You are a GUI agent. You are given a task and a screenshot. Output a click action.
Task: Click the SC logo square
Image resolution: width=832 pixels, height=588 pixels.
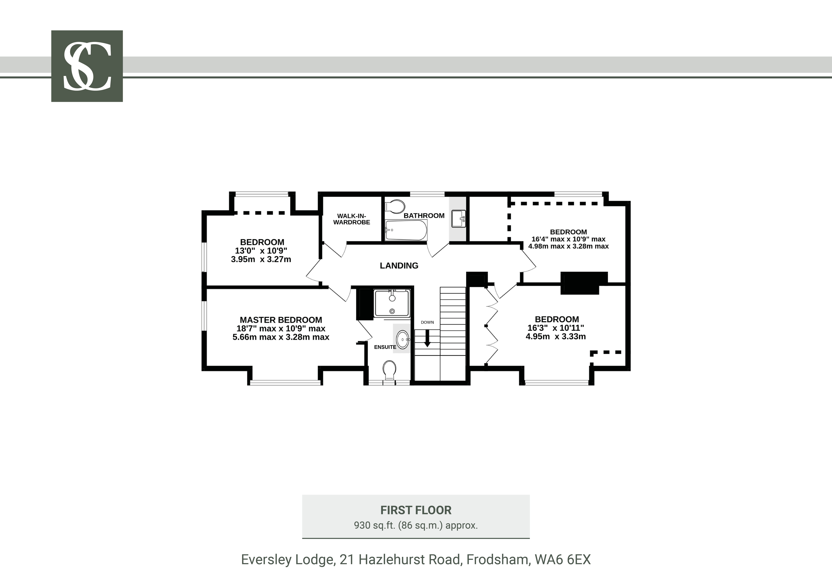pos(87,66)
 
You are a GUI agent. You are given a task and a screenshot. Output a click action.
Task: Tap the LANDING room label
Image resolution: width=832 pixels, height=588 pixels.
pos(399,266)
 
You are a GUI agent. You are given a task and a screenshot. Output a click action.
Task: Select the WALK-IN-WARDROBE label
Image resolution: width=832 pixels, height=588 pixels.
pos(352,219)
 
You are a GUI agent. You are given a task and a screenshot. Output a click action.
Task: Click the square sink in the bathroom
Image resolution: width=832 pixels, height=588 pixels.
pos(458,219)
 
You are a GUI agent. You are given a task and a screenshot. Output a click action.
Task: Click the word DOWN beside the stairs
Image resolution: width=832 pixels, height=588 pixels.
pos(427,322)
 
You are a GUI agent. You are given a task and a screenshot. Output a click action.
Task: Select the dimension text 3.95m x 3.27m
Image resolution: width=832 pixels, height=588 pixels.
pos(261,259)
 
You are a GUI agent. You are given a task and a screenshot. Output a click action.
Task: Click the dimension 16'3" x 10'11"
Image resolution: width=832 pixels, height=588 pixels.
pos(556,328)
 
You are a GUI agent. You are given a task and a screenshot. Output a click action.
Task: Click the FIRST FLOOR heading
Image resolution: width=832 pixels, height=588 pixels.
pos(416,510)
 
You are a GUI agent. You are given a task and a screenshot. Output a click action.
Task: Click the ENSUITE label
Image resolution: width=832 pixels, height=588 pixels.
pos(385,347)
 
